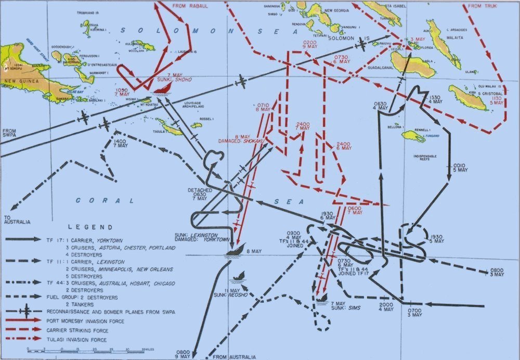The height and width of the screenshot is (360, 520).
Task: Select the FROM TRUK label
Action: point(482,6)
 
